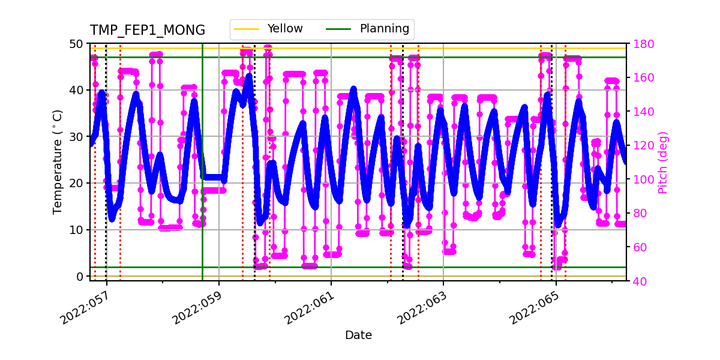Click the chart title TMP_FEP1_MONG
[147, 31]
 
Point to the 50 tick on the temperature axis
[77, 44]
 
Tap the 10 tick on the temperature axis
[77, 230]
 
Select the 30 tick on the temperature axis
[77, 137]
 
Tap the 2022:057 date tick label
[85, 306]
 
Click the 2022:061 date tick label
[310, 306]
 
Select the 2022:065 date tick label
[534, 306]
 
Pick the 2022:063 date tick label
[422, 306]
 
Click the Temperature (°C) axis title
[58, 162]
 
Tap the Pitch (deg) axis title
[663, 162]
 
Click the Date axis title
[358, 335]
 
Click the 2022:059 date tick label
[197, 306]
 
